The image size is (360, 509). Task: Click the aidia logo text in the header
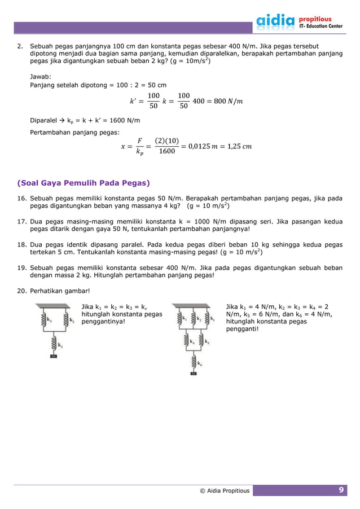[x=275, y=21]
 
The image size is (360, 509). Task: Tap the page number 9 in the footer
[x=341, y=490]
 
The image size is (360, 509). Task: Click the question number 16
[x=21, y=199]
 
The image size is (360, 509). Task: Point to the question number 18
[x=21, y=244]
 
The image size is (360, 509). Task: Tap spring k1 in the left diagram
[x=54, y=343]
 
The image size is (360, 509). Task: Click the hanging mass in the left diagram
[x=54, y=356]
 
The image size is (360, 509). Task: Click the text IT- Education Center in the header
[x=328, y=25]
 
